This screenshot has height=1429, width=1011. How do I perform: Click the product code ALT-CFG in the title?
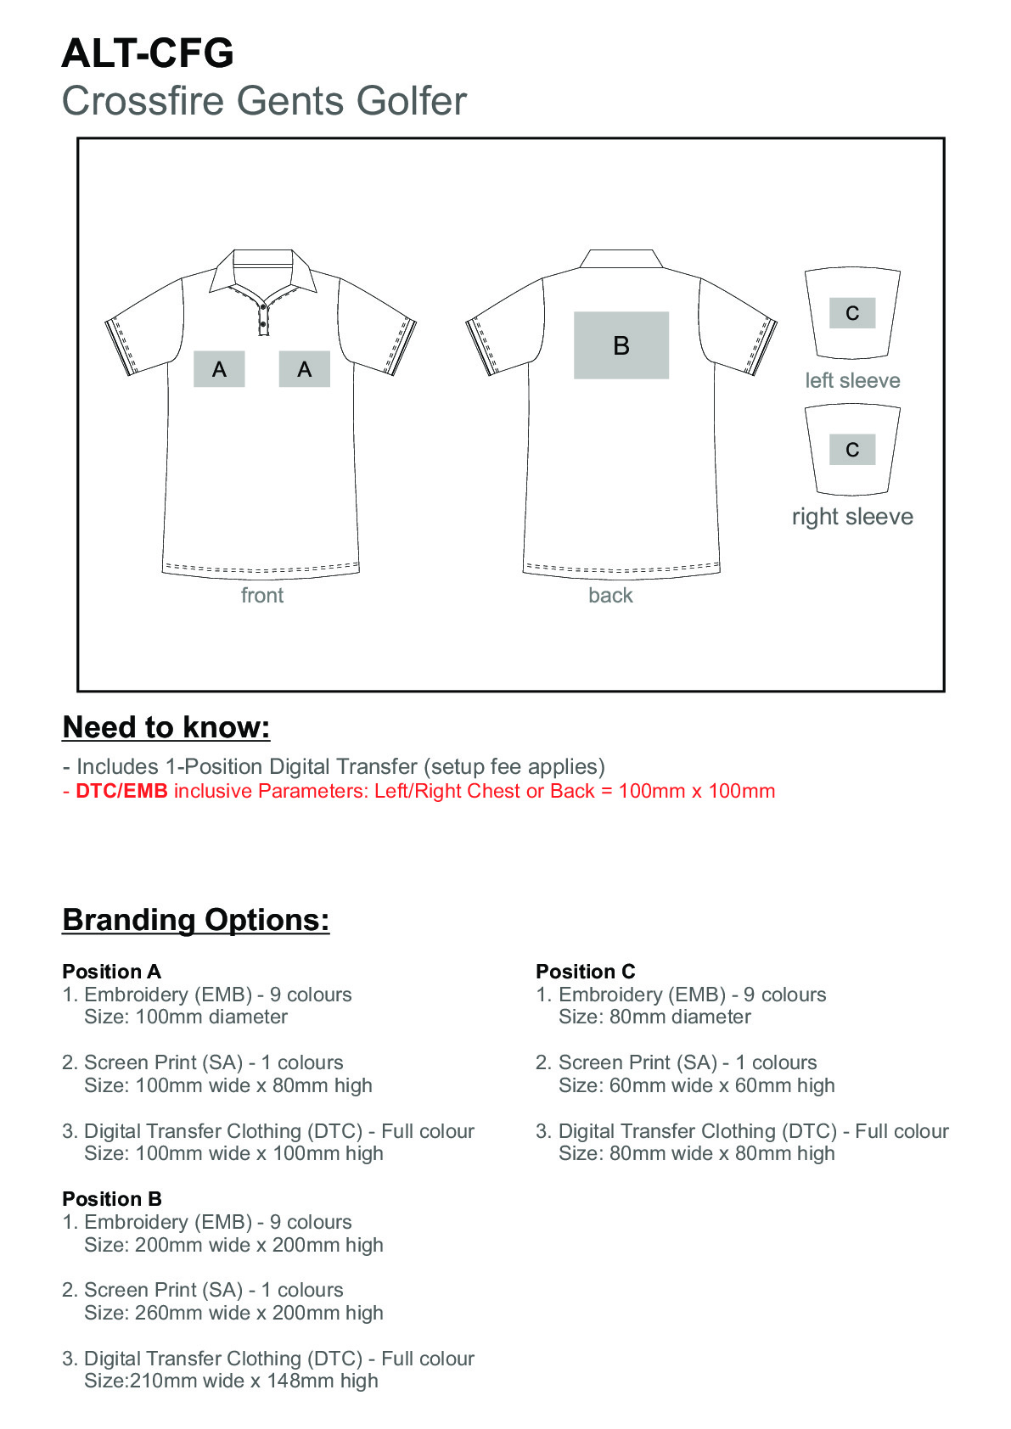[x=148, y=53]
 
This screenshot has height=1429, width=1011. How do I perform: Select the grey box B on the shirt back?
[x=621, y=345]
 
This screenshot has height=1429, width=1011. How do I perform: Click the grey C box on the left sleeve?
[x=851, y=313]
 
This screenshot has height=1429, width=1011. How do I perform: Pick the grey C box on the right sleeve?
[x=851, y=450]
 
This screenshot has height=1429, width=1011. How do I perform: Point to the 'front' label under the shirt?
[x=261, y=596]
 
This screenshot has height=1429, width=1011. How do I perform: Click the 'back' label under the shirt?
[x=610, y=596]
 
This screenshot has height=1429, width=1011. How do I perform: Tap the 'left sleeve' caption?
[x=852, y=381]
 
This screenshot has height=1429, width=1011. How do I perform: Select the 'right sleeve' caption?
[x=852, y=517]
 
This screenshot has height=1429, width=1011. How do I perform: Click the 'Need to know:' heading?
[x=166, y=728]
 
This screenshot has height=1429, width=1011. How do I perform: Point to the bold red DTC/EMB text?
[x=121, y=792]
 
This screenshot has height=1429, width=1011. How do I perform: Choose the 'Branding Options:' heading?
[x=196, y=921]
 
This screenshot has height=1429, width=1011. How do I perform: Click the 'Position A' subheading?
[x=111, y=972]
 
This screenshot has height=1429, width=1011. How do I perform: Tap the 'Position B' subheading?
[x=111, y=1199]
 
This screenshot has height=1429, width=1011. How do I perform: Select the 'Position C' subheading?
[x=585, y=972]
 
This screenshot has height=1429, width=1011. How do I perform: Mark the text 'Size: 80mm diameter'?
[x=654, y=1017]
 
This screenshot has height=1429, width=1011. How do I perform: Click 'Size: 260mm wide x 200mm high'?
[x=233, y=1313]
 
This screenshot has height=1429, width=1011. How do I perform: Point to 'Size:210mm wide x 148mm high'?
[x=231, y=1381]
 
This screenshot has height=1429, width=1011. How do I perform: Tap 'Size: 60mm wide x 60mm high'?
[x=696, y=1085]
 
